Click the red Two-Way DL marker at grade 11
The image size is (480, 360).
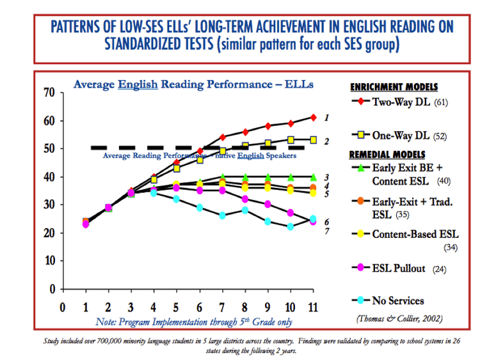point(313,117)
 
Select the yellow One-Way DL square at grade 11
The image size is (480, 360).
point(313,139)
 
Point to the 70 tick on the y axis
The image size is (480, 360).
point(49,92)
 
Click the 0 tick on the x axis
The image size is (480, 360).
point(61,306)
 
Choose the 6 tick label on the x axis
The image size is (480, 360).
point(200,306)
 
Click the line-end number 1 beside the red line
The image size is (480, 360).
point(327,118)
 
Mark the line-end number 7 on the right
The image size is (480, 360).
point(327,230)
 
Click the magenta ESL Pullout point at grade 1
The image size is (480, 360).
point(85,224)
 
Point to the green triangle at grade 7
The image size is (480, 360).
point(223,176)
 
